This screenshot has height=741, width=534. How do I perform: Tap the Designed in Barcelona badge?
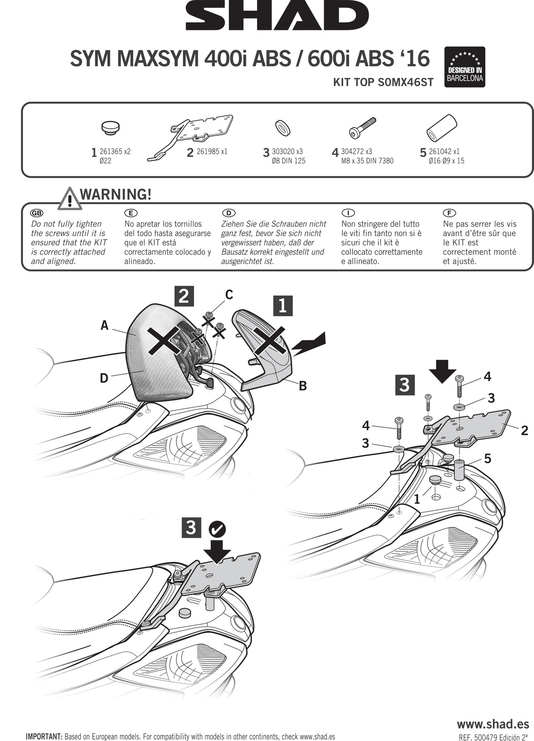[x=465, y=67]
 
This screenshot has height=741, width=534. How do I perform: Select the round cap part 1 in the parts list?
[x=111, y=128]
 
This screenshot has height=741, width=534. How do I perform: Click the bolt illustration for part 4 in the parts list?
[x=363, y=127]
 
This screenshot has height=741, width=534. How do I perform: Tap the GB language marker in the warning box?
[x=35, y=213]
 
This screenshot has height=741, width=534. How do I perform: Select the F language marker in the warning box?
[x=451, y=213]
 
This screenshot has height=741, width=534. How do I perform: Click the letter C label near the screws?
[x=229, y=294]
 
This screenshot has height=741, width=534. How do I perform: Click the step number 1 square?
[x=283, y=306]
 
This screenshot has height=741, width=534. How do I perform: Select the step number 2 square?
[x=184, y=297]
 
